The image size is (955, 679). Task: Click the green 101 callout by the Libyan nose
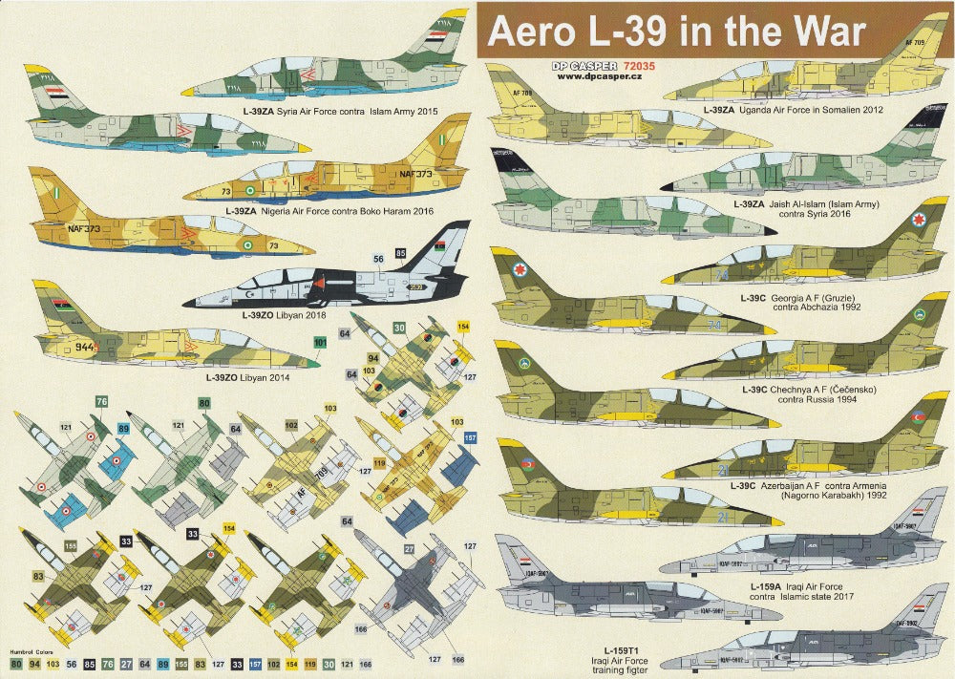[320, 342]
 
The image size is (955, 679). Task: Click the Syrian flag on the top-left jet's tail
[50, 97]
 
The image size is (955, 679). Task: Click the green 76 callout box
[101, 402]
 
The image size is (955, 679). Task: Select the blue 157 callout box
[470, 437]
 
